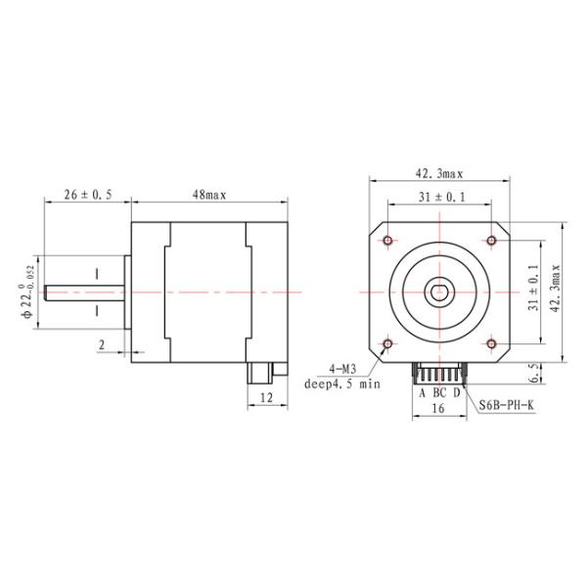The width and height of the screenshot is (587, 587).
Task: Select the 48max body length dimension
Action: pyautogui.click(x=208, y=195)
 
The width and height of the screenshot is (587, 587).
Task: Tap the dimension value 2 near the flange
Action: pyautogui.click(x=102, y=344)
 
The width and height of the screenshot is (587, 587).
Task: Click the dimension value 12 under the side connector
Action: pyautogui.click(x=267, y=398)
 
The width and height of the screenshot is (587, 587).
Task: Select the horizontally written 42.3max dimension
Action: pyautogui.click(x=439, y=173)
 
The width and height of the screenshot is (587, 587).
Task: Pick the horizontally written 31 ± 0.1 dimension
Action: pyautogui.click(x=440, y=198)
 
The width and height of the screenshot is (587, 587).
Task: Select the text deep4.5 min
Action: pyautogui.click(x=340, y=384)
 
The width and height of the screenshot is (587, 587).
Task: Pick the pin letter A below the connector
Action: pyautogui.click(x=422, y=393)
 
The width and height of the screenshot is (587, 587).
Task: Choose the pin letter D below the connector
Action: pyautogui.click(x=457, y=393)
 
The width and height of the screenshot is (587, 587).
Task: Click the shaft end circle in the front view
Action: pyautogui.click(x=439, y=292)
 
